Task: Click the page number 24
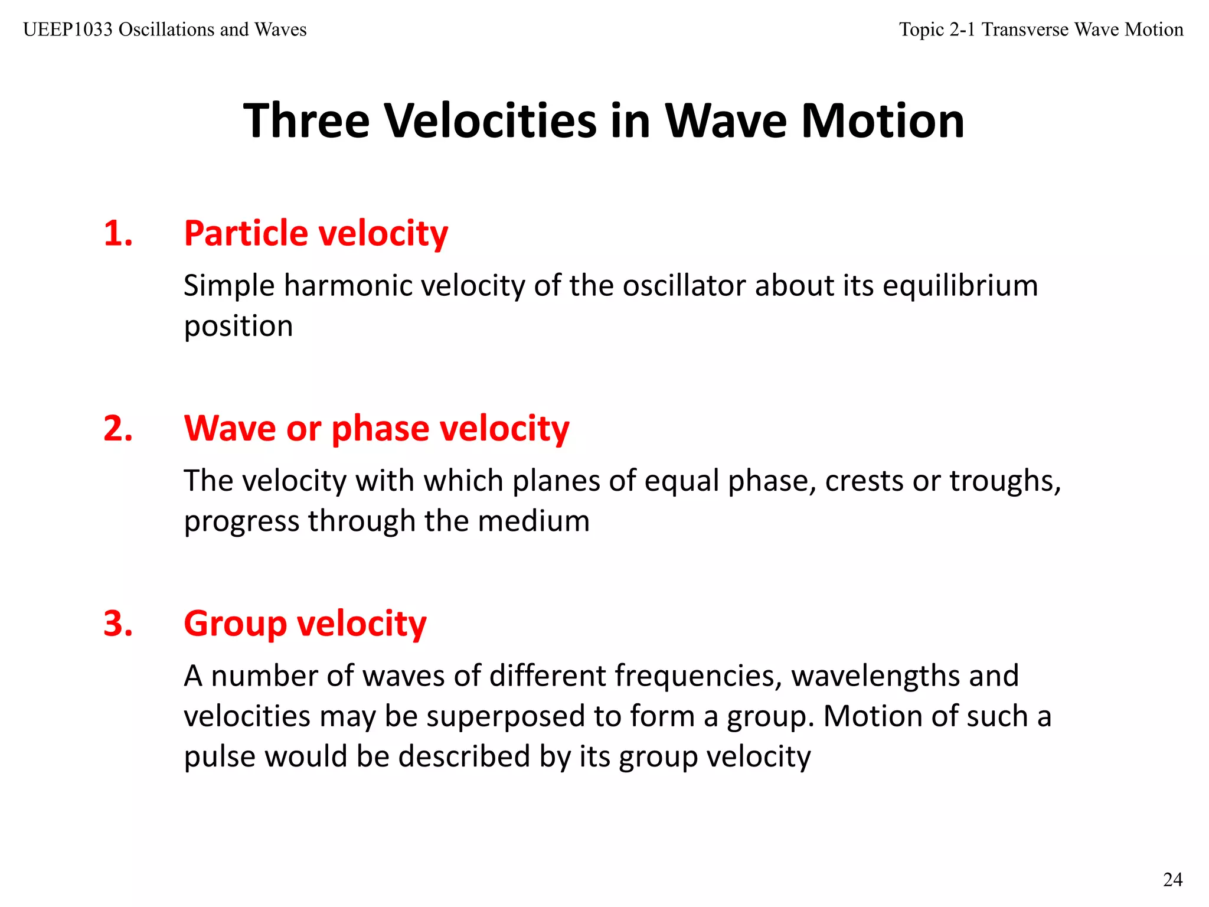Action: (1172, 880)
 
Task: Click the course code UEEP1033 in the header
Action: (67, 30)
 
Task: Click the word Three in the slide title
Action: (306, 121)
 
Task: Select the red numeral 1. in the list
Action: (118, 233)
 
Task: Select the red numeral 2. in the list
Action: (118, 428)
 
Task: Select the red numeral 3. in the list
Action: (118, 624)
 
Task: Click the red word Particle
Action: (246, 233)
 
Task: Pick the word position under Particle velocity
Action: (238, 327)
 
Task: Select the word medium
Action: (533, 521)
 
